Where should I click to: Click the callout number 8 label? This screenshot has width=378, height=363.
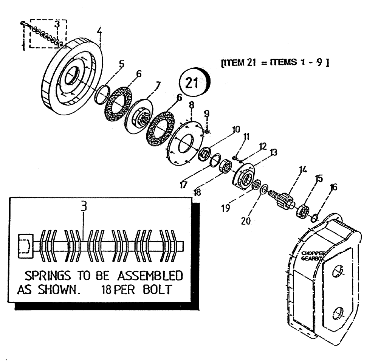tap(192, 105)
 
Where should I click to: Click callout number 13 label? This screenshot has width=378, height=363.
tap(274, 152)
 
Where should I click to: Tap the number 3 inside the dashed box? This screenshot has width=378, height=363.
tap(57, 25)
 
